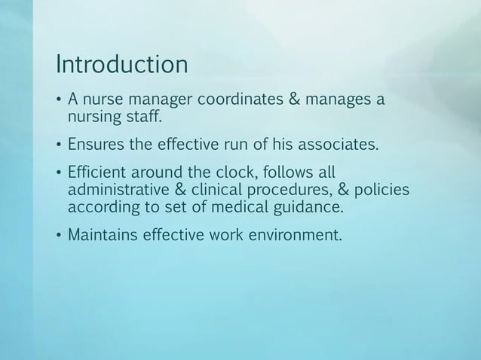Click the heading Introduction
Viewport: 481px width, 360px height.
point(120,65)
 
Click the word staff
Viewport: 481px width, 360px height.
point(144,117)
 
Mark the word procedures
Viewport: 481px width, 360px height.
point(293,191)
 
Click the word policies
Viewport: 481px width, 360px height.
point(382,190)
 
